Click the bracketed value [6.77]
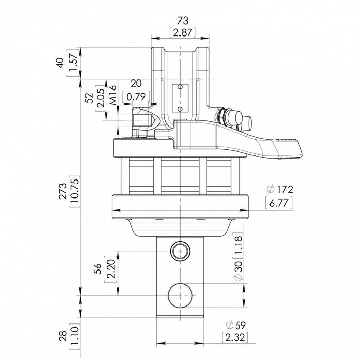coord(278,204)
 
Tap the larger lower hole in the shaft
coord(181,295)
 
